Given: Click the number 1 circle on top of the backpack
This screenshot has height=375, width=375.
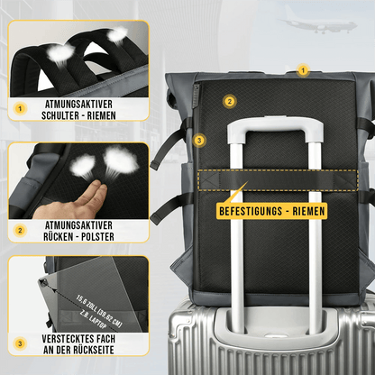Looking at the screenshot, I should point(303,69).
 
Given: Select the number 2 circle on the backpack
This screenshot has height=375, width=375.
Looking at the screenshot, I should point(230,102).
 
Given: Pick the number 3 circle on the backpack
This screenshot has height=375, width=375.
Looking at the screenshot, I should point(200,140).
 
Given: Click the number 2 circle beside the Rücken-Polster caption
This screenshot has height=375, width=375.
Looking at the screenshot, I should point(19,230).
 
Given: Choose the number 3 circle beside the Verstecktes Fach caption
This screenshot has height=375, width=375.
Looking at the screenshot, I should point(19,343).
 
